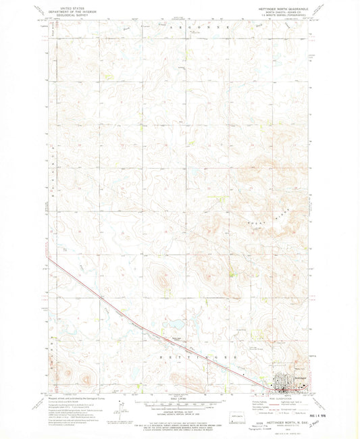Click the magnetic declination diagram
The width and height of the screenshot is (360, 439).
(122, 408)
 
